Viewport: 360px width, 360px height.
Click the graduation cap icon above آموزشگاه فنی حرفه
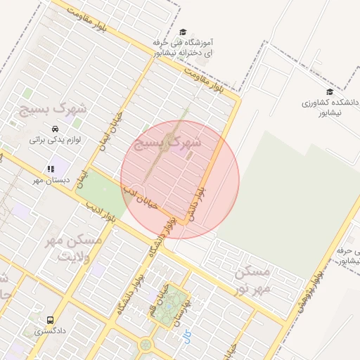click(x=183, y=32)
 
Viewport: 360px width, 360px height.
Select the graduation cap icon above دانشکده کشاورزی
click(x=328, y=91)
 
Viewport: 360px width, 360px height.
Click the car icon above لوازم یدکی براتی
click(x=54, y=129)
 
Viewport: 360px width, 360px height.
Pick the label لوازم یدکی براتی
click(x=54, y=140)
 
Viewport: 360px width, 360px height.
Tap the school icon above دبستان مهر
click(x=51, y=169)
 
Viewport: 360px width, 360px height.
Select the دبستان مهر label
click(x=48, y=180)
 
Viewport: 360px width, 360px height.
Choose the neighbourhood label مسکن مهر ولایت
click(x=72, y=247)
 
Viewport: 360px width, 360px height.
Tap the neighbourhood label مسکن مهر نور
click(x=252, y=280)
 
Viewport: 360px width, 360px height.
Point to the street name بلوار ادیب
click(x=101, y=214)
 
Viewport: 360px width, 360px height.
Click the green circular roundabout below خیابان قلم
click(x=146, y=345)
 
